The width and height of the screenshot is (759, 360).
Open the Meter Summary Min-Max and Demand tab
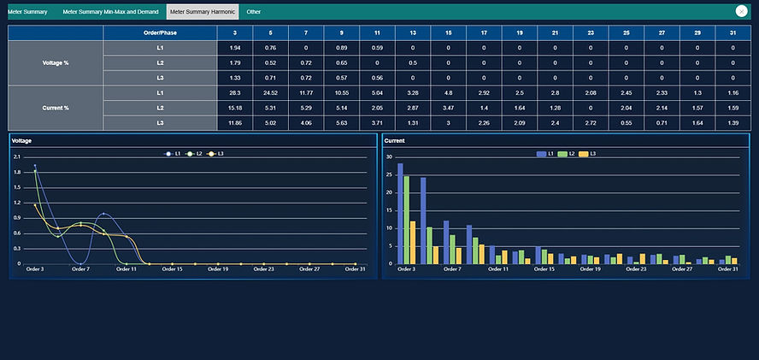[110, 12]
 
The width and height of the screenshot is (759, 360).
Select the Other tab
[254, 12]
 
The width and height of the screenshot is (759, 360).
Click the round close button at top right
[742, 12]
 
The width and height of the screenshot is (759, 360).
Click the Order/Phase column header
[157, 32]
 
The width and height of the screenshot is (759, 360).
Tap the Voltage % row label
[56, 62]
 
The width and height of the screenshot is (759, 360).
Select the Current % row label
[56, 108]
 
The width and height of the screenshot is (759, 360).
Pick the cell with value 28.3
[235, 92]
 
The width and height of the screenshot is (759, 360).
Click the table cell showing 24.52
[270, 92]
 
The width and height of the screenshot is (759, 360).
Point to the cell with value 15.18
[235, 108]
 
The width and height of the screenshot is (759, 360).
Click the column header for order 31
[733, 32]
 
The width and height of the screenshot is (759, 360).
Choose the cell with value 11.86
[235, 123]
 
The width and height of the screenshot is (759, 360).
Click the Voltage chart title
[21, 140]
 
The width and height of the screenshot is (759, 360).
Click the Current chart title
[395, 140]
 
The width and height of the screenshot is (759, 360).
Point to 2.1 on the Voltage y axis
[17, 157]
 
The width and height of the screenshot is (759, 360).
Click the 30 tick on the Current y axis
[389, 157]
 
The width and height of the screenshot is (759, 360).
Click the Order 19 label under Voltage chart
[218, 269]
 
